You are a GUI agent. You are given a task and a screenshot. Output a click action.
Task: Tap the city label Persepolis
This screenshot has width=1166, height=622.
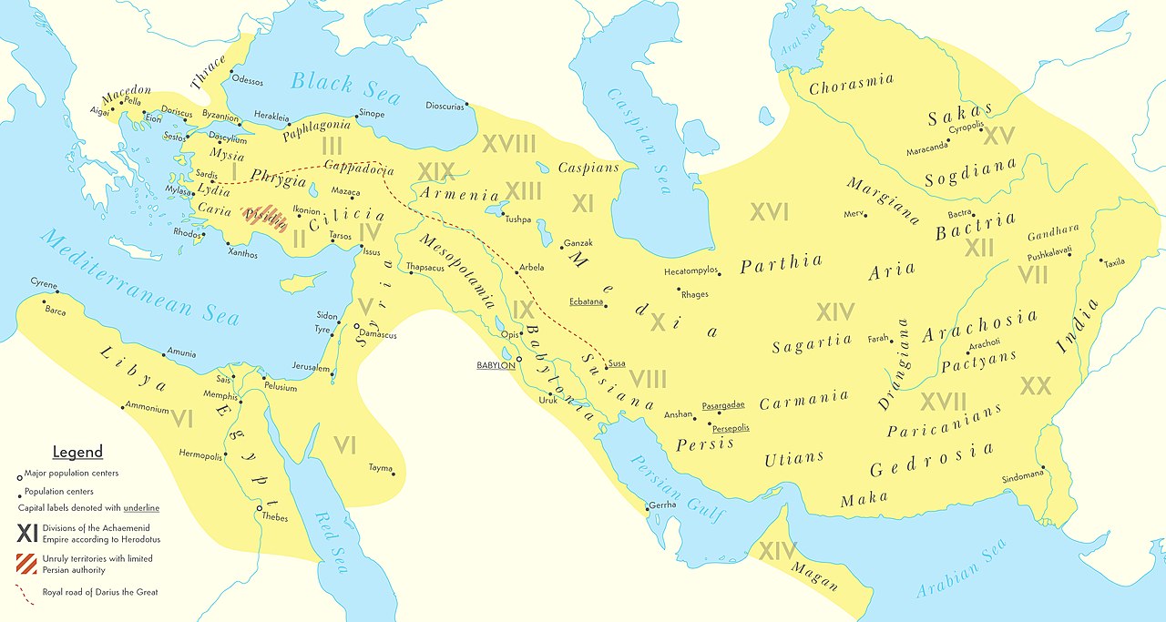pos(731,427)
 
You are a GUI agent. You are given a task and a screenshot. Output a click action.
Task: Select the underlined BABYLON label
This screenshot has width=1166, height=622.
pos(495,365)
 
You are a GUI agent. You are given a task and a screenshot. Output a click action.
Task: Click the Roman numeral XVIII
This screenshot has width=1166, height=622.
pos(508,144)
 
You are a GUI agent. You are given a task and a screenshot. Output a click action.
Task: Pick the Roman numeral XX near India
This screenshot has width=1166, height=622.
pos(1036,385)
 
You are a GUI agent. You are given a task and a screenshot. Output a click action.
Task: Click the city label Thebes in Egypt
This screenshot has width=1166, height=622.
pos(274,518)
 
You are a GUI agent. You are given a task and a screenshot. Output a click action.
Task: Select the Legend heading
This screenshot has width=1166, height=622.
pos(77,453)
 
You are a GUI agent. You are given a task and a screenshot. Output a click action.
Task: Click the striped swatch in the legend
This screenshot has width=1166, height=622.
pos(27,564)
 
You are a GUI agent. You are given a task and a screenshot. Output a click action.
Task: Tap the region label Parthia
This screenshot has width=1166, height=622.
pos(781,264)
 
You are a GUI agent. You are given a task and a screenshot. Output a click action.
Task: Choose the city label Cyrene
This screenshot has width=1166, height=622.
pos(44,283)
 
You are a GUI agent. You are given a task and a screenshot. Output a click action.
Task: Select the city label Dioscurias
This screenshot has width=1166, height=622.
pos(445,106)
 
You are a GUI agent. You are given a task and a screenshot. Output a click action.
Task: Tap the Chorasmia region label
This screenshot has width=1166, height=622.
pos(851,84)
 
